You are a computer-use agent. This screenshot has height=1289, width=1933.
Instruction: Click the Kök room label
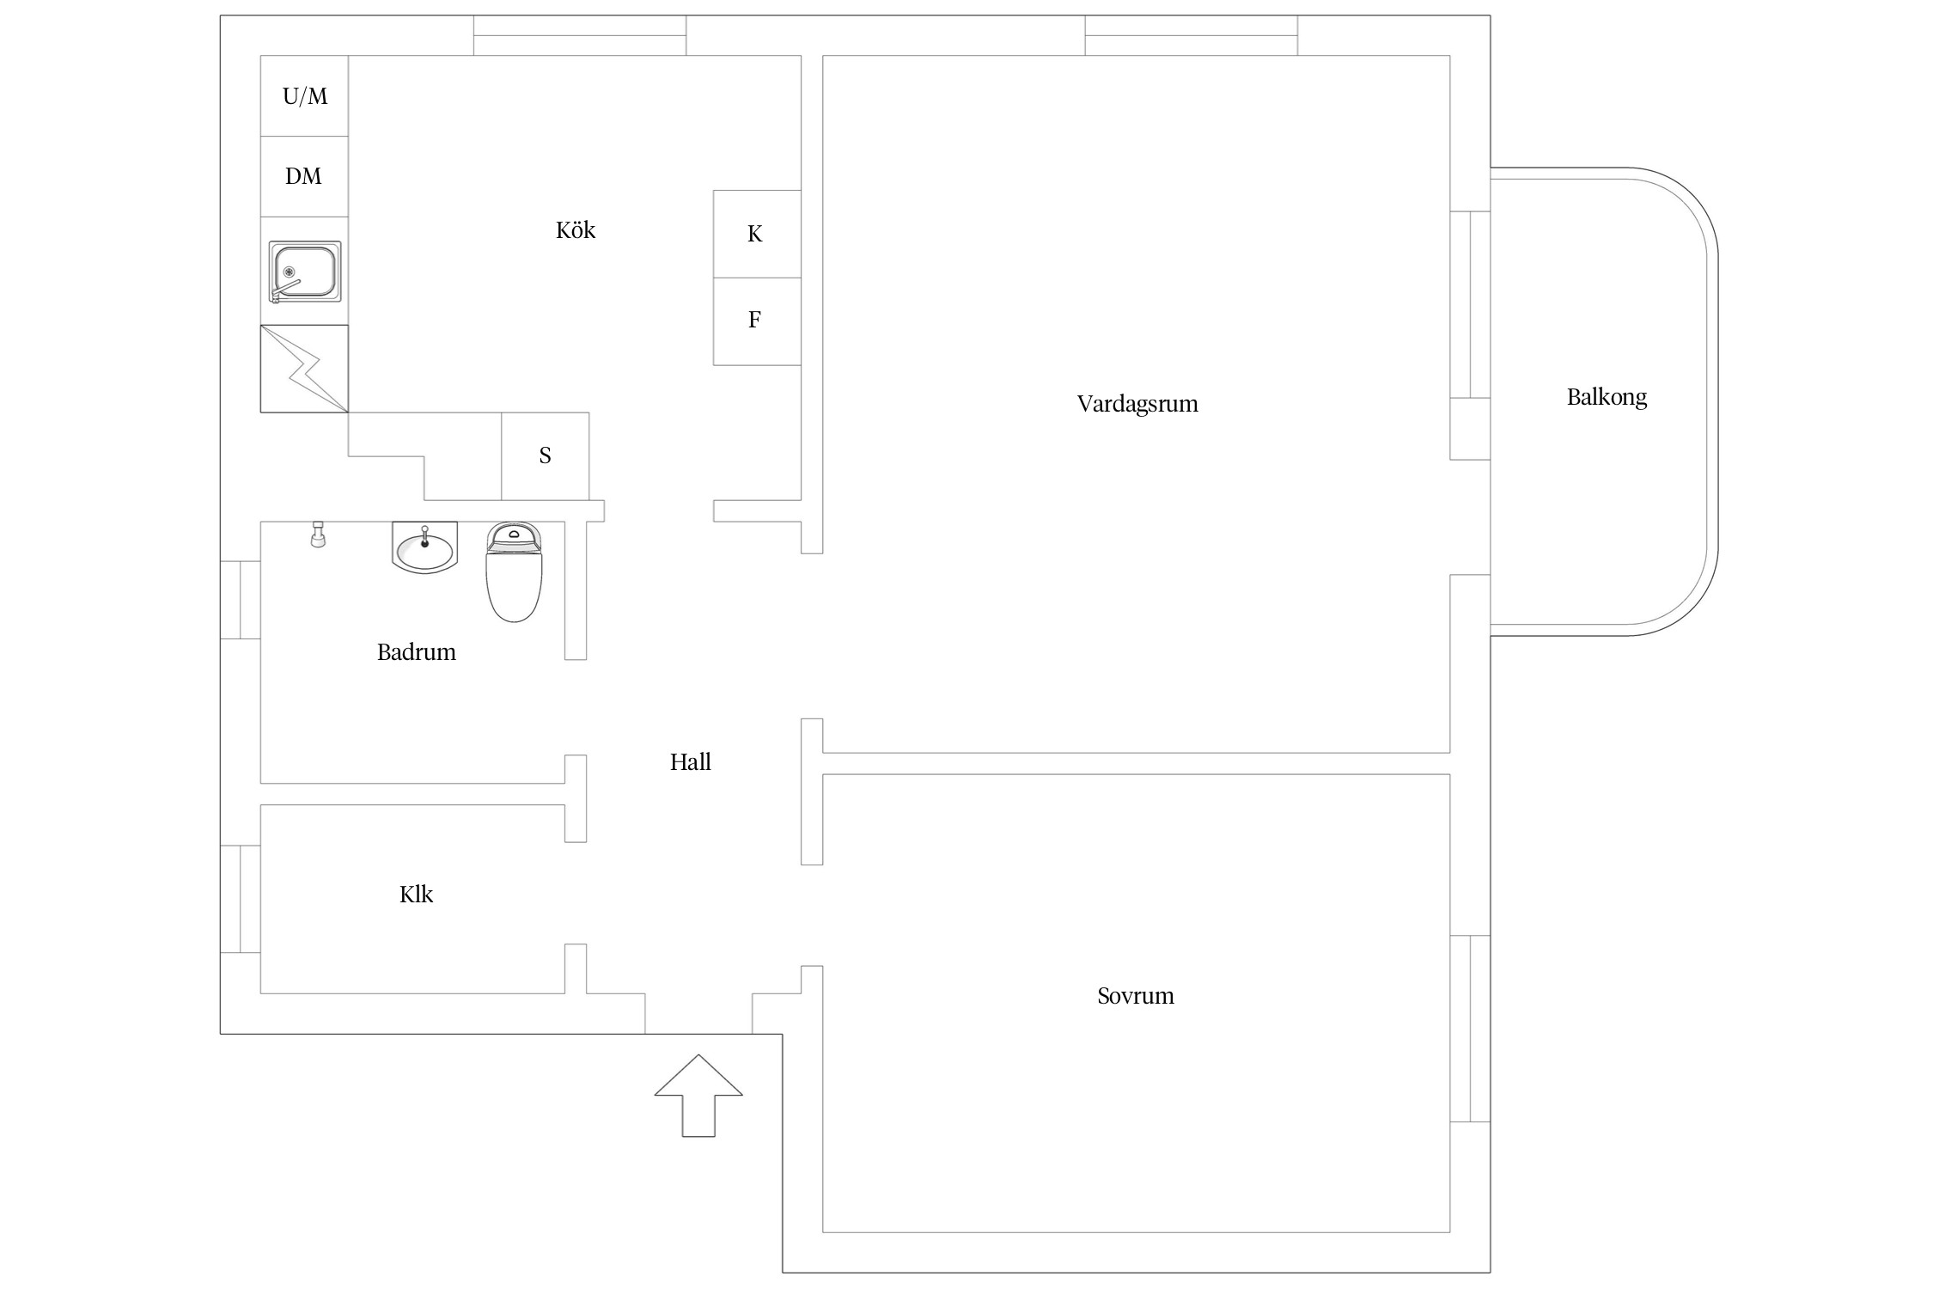click(x=576, y=230)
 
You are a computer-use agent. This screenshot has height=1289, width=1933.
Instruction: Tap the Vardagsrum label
click(x=1137, y=404)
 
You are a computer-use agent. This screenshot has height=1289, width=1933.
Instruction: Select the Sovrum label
click(x=1136, y=996)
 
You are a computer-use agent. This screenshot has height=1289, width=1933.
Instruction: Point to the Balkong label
click(x=1607, y=398)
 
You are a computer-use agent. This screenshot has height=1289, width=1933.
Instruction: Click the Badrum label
click(x=417, y=652)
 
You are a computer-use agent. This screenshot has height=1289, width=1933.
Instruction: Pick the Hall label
click(x=691, y=762)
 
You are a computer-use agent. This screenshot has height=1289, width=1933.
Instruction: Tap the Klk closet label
click(x=417, y=895)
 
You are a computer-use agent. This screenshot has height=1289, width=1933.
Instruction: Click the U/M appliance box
click(x=304, y=95)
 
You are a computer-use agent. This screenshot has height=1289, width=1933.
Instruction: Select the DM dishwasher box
click(x=304, y=176)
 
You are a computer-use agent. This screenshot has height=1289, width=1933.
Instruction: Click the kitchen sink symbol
click(x=305, y=272)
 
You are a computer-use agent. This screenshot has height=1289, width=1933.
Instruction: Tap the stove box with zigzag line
click(x=304, y=369)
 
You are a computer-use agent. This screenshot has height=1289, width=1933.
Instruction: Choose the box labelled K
click(x=757, y=234)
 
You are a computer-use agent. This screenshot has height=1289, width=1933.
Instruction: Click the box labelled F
click(x=757, y=321)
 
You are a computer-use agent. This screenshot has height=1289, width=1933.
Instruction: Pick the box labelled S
click(x=546, y=456)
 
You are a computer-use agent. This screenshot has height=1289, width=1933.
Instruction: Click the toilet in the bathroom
click(x=515, y=572)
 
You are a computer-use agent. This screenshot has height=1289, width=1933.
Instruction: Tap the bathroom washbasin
click(x=424, y=547)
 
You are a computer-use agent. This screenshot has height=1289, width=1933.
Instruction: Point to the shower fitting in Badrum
click(x=318, y=535)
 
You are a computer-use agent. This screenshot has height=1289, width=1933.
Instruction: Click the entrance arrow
click(x=698, y=1096)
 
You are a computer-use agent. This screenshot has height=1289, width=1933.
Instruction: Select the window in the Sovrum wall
click(x=1470, y=1029)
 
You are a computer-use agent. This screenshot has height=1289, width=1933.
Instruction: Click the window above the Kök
click(x=580, y=35)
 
